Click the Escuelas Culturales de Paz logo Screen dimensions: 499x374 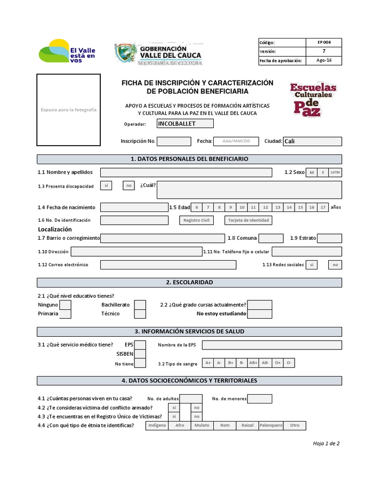click(x=313, y=99)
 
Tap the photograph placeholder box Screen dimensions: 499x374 click(x=69, y=110)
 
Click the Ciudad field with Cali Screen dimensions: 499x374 click(x=312, y=141)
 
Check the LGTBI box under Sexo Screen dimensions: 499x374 click(x=336, y=173)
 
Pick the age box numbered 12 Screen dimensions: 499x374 click(x=265, y=207)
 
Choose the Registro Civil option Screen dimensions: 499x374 click(x=196, y=220)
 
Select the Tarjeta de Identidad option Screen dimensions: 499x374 click(x=248, y=220)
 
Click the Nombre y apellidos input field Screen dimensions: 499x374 click(x=186, y=173)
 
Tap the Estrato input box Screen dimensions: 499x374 click(x=329, y=238)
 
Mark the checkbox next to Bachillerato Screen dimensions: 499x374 click(x=140, y=305)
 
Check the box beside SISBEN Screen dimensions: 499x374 click(x=140, y=354)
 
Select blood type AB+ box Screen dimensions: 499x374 click(x=253, y=363)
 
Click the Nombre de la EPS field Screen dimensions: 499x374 click(x=272, y=345)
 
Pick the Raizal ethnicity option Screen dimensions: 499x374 click(x=247, y=425)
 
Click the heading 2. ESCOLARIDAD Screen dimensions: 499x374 click(x=189, y=283)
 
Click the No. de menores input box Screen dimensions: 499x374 click(x=260, y=399)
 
